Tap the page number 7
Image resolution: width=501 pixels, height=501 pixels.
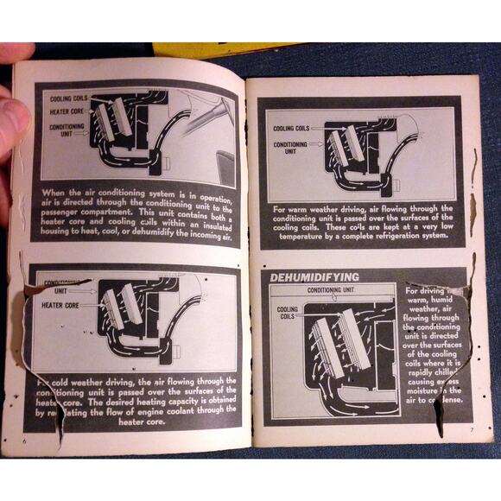(x=473, y=429)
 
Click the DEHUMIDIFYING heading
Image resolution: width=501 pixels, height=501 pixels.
(x=314, y=276)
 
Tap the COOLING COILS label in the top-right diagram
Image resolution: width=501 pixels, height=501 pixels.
(x=291, y=129)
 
